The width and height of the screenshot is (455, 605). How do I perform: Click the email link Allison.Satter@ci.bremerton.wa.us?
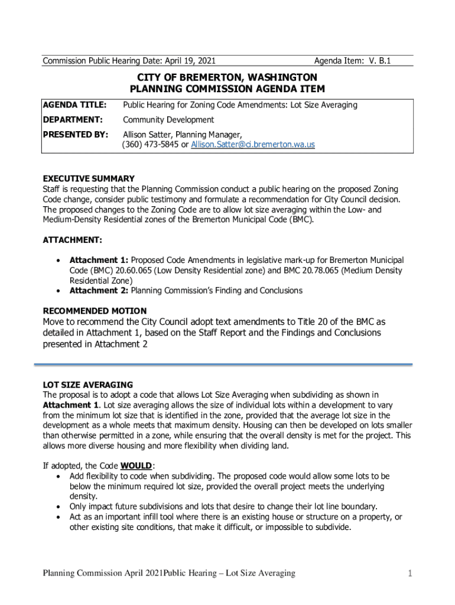tap(253, 145)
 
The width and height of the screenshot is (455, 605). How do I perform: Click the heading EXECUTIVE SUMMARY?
tap(89, 178)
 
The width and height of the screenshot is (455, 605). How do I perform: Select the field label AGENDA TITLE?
tap(74, 105)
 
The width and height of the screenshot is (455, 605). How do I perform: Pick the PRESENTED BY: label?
tap(76, 134)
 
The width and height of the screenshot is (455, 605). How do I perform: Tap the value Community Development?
tap(168, 119)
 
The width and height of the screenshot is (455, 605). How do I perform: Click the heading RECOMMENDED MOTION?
tap(95, 311)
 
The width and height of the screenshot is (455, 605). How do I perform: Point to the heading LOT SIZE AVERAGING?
tap(87, 385)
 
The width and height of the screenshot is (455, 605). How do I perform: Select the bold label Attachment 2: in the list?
tap(99, 291)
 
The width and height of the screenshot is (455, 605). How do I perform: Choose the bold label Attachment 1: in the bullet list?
tap(99, 260)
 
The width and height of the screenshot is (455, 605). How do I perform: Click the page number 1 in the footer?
tap(409, 573)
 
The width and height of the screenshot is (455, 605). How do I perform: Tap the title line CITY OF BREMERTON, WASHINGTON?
tap(227, 77)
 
